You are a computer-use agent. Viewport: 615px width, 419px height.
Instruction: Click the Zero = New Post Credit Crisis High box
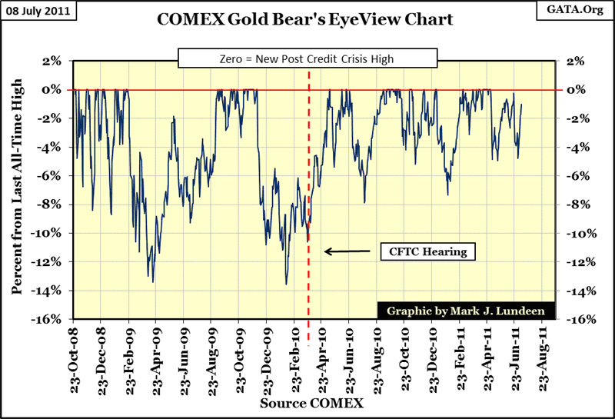[307, 58]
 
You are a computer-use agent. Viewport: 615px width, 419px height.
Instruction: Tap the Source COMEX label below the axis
[311, 403]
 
